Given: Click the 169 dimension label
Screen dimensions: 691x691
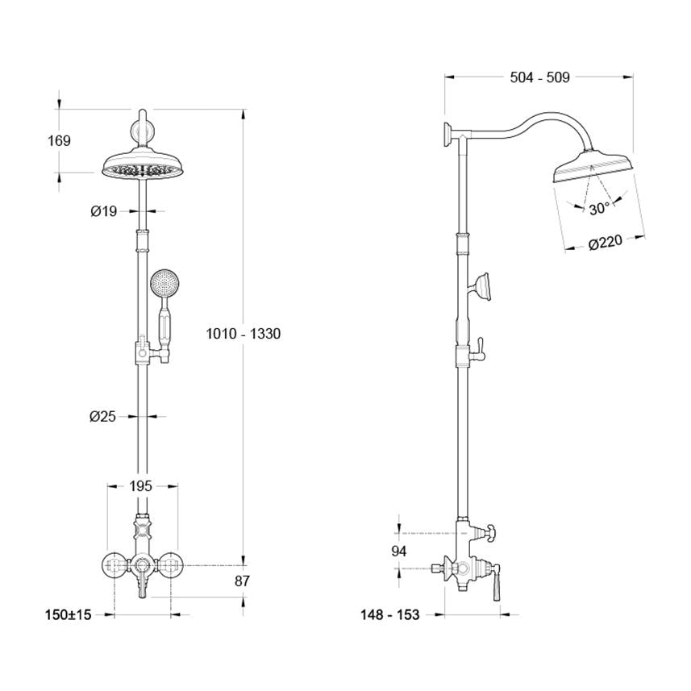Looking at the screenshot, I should click(59, 141).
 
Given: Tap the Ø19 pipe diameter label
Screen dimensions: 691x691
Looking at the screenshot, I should click(104, 211).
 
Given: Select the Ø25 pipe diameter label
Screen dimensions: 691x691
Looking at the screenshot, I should click(103, 416).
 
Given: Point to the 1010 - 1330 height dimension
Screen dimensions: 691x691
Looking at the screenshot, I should click(242, 333).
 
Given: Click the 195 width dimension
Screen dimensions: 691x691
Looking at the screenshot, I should click(141, 486).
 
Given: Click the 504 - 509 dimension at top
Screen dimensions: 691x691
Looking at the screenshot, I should click(540, 77).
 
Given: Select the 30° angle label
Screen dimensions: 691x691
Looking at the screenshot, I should click(598, 209).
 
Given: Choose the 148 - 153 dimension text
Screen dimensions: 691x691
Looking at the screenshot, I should click(390, 615).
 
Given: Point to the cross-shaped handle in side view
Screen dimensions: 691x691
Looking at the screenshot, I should click(488, 533).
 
